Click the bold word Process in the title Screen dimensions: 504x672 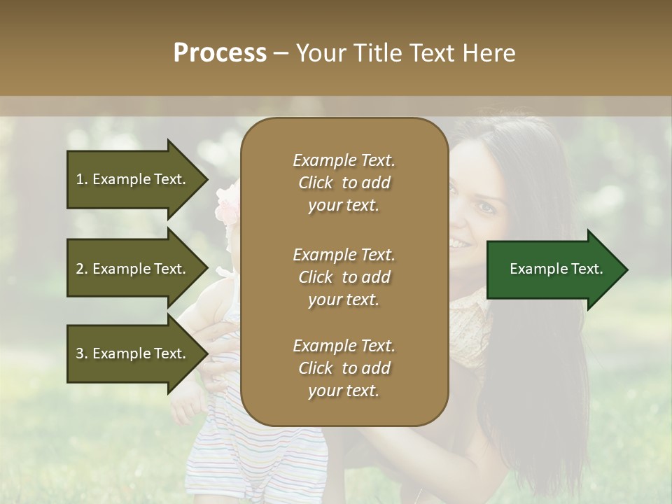tap(220, 53)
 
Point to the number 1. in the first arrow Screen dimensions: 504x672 tap(82, 179)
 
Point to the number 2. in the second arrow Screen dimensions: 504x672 tap(82, 269)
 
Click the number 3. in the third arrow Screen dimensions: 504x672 tap(82, 353)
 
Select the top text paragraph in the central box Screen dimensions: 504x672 tap(344, 183)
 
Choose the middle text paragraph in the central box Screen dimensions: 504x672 tap(344, 276)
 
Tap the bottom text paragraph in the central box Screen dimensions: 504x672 tap(344, 368)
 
